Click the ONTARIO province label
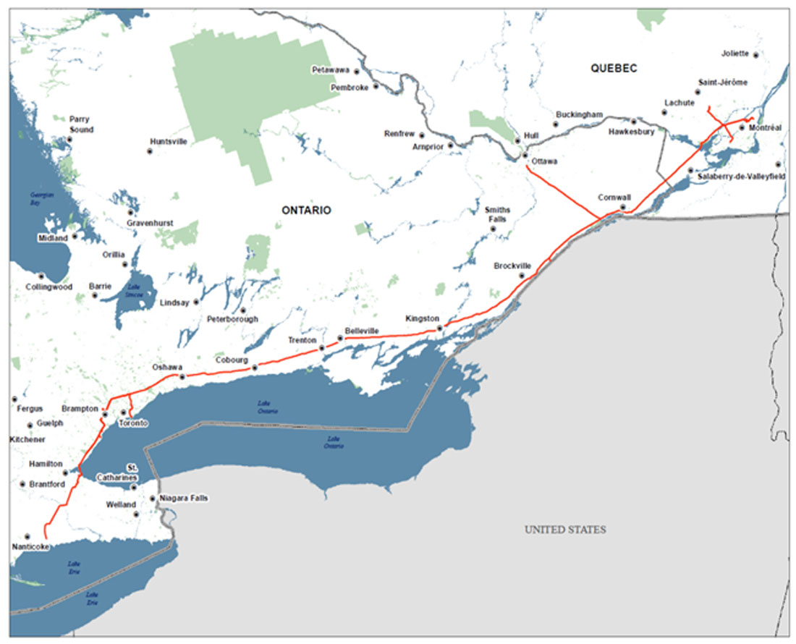point(306,210)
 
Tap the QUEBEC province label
point(613,68)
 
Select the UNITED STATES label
point(565,530)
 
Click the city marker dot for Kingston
point(439,329)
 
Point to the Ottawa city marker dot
point(525,155)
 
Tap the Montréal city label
point(766,128)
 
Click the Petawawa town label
point(330,70)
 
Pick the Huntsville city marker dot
point(151,152)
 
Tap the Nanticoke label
point(30,547)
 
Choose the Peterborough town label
point(232,318)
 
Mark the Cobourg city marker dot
point(254,368)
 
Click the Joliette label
point(735,54)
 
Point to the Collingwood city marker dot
point(41,276)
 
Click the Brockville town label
point(512,266)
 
